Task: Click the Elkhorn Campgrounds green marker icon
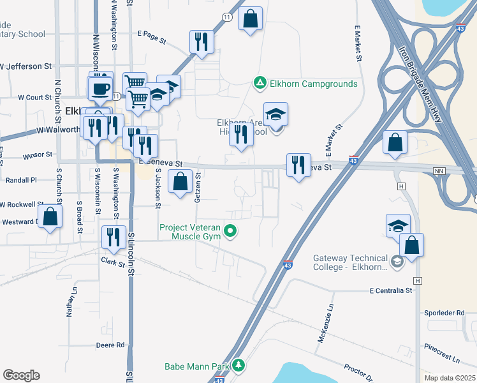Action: pyautogui.click(x=260, y=84)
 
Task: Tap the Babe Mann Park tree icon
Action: pyautogui.click(x=238, y=366)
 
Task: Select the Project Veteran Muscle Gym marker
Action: pyautogui.click(x=232, y=232)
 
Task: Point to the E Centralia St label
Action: pyautogui.click(x=391, y=290)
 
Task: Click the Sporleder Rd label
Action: pyautogui.click(x=444, y=313)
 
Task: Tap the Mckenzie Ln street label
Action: pyautogui.click(x=324, y=324)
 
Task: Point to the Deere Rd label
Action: pyautogui.click(x=110, y=345)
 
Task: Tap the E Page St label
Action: pyautogui.click(x=151, y=33)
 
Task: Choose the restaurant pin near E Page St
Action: pyautogui.click(x=202, y=42)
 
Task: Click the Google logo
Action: pyautogui.click(x=21, y=375)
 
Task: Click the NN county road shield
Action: pyautogui.click(x=437, y=171)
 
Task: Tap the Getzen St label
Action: pyautogui.click(x=198, y=188)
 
